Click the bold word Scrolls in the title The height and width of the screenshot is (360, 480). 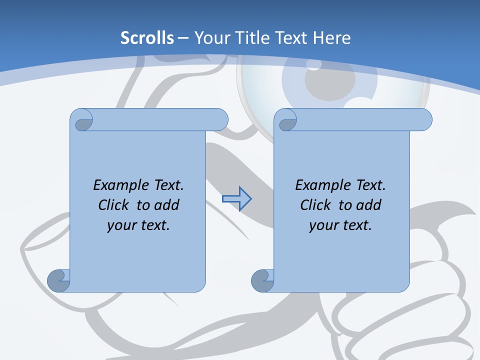pos(147,37)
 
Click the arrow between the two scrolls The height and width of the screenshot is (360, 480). pos(236,199)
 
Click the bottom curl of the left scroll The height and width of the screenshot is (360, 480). pos(58,280)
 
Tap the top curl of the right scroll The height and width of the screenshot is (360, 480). pos(287,120)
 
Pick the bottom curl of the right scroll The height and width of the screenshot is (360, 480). pos(262,280)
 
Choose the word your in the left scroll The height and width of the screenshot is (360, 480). pos(120,225)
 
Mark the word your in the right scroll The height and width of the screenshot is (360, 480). pos(322,225)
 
